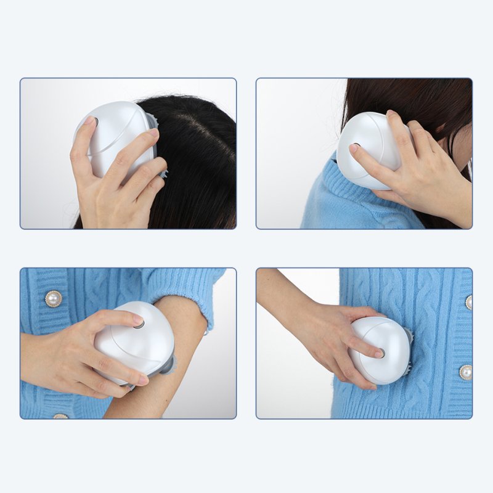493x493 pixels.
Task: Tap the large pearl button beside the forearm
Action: click(54, 298)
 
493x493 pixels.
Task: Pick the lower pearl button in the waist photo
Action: click(465, 372)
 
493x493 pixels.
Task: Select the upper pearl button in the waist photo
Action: click(468, 301)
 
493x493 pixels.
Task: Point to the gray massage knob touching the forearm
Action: click(167, 365)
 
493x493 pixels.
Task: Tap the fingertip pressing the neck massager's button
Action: click(354, 149)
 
